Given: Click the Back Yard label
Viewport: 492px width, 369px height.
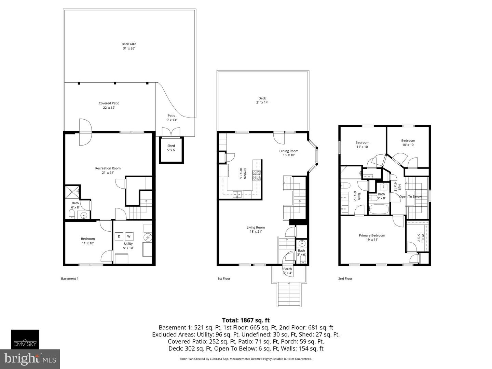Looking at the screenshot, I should coord(129,46).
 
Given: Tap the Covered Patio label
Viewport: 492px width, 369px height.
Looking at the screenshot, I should coord(109,105).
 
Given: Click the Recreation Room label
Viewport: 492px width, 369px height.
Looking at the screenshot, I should coord(108,170).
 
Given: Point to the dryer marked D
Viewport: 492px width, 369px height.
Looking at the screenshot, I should coord(119,236).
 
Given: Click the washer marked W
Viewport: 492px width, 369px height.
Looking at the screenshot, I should coord(129,236).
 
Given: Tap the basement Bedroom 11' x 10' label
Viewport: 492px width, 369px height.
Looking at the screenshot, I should coord(88,241).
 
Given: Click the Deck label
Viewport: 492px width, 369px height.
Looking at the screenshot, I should coord(262,100).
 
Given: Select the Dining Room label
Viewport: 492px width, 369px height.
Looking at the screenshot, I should coord(289,153).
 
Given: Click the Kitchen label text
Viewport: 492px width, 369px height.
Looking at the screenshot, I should coord(243,173).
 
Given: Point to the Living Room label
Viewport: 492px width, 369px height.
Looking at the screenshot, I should coord(256,230).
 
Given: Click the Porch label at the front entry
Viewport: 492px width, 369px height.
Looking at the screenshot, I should coord(288,271).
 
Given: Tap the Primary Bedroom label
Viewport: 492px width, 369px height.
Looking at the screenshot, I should coord(372,237).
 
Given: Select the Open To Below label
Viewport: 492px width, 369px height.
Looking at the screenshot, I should coord(410,196).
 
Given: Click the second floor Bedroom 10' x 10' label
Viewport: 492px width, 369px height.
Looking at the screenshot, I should coord(408,142).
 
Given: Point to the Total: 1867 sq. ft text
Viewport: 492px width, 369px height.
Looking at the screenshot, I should coord(246,320).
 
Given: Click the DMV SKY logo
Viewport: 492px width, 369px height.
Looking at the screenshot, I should coord(25,340).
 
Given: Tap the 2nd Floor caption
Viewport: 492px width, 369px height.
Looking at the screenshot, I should coord(345,278).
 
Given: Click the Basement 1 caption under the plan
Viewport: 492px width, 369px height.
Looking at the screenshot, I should coord(70,278).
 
